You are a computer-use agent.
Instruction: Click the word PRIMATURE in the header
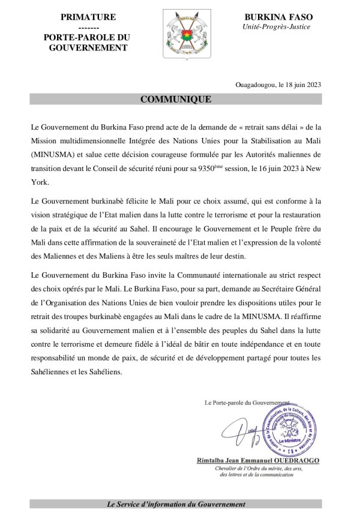tap(88, 17)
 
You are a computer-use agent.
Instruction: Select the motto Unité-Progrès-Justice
tap(280, 28)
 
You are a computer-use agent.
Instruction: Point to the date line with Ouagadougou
tap(279, 84)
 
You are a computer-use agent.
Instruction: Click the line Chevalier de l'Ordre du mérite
tap(269, 468)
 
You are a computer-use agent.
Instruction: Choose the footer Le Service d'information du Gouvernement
tap(176, 504)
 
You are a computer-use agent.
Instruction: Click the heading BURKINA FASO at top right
tap(280, 17)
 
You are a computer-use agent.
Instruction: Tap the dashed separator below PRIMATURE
tap(88, 28)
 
